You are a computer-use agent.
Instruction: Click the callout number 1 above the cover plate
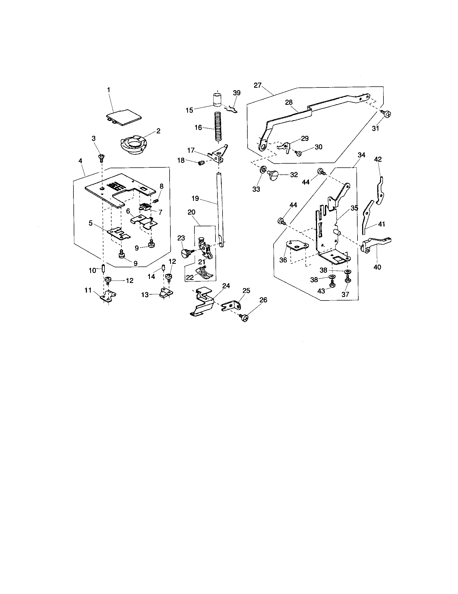tap(109, 89)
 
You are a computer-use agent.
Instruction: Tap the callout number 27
tap(257, 85)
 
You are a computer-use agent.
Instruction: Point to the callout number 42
tap(378, 159)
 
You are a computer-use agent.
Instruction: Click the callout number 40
tap(377, 267)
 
